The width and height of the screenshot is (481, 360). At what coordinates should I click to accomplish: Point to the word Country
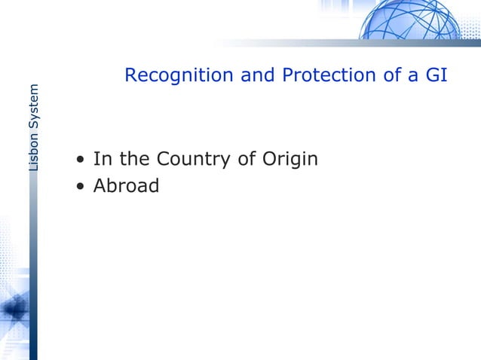(198, 160)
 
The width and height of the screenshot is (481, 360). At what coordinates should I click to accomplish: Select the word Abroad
(126, 185)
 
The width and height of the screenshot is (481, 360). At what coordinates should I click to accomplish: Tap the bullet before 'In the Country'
(79, 160)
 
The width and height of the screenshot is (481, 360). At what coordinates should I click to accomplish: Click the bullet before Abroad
(79, 186)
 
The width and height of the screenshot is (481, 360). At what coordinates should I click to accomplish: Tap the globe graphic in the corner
(410, 20)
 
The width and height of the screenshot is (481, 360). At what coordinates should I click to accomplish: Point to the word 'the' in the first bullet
(133, 160)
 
